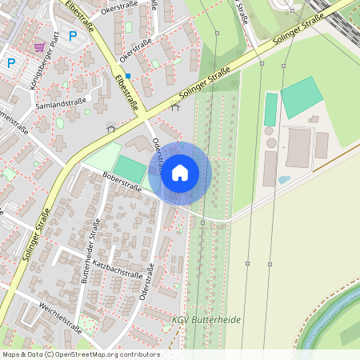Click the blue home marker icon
click(x=179, y=172)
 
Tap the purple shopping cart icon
click(x=39, y=47)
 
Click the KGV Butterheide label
click(x=206, y=319)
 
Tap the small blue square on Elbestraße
click(x=127, y=75)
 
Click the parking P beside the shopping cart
click(x=73, y=35)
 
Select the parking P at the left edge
click(x=11, y=62)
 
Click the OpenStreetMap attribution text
click(x=81, y=354)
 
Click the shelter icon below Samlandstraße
click(x=110, y=128)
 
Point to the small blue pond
click(x=284, y=180)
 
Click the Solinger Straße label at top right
click(x=298, y=29)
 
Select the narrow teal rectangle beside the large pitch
click(x=271, y=109)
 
